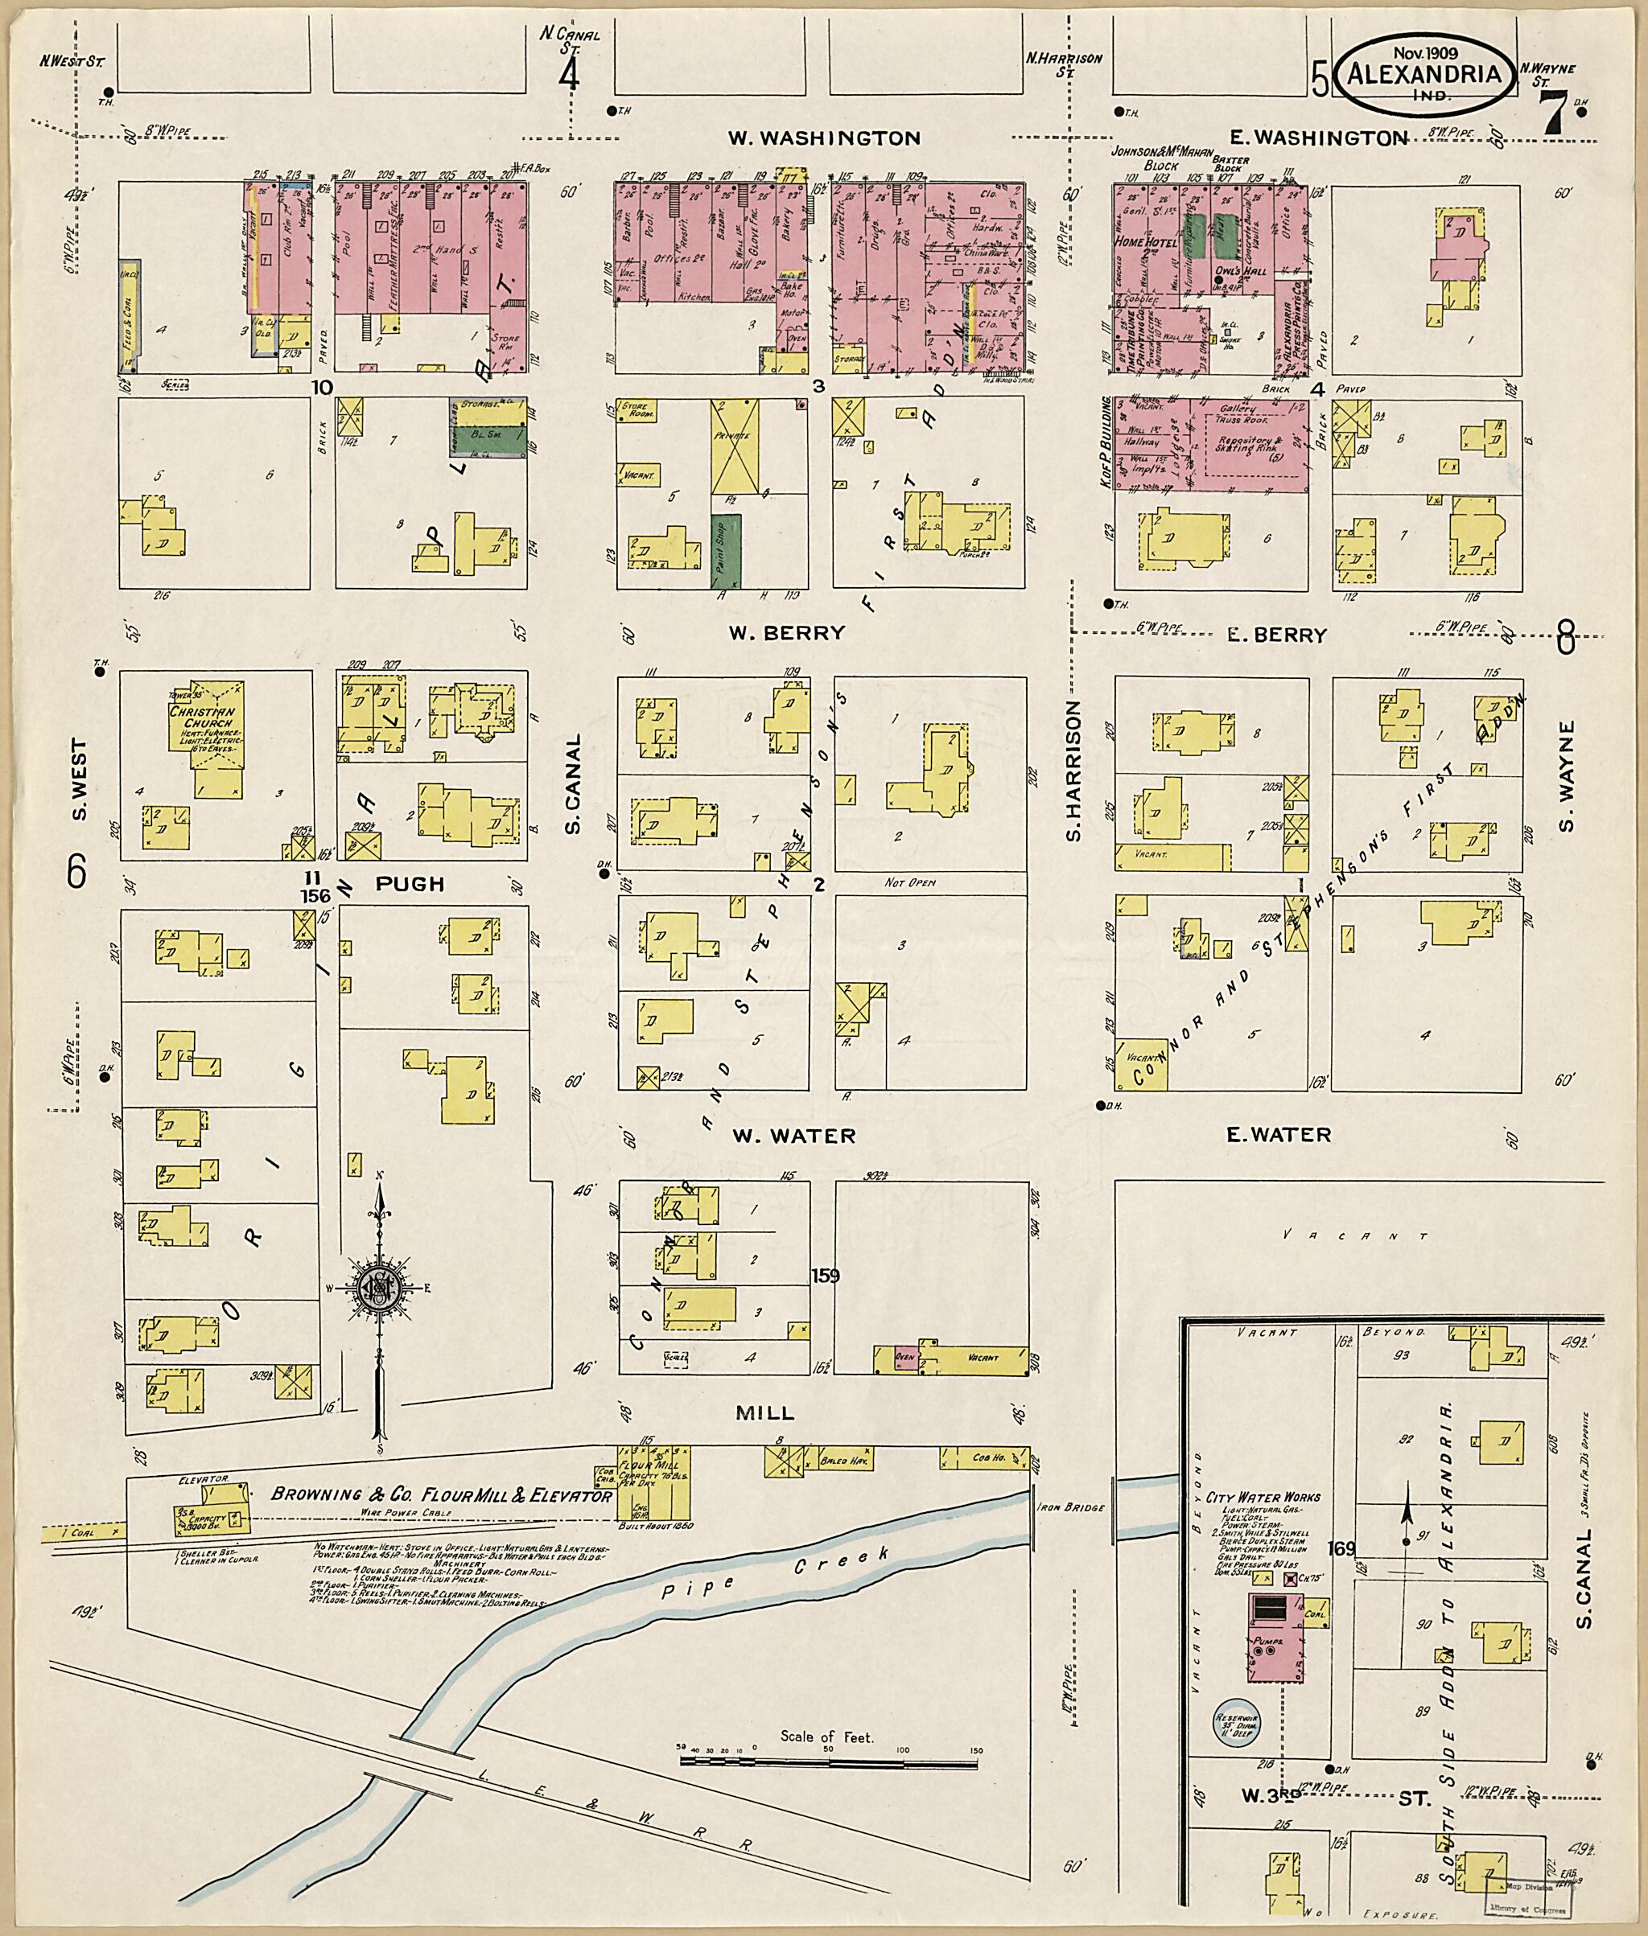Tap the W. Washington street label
[x=824, y=138]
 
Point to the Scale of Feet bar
[x=829, y=1761]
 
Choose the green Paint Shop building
[x=726, y=550]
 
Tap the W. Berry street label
[x=787, y=633]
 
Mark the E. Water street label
[x=1278, y=1135]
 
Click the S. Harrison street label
[x=1074, y=771]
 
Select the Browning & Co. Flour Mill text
[x=440, y=1495]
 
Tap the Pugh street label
[x=410, y=883]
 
